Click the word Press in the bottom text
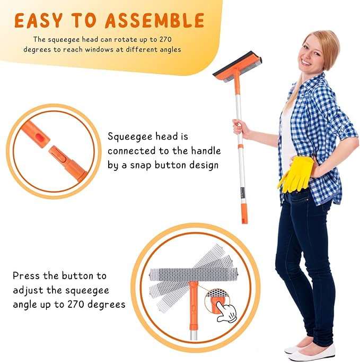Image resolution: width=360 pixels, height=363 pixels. click(x=27, y=276)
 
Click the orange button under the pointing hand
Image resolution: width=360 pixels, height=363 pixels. click(x=216, y=304)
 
